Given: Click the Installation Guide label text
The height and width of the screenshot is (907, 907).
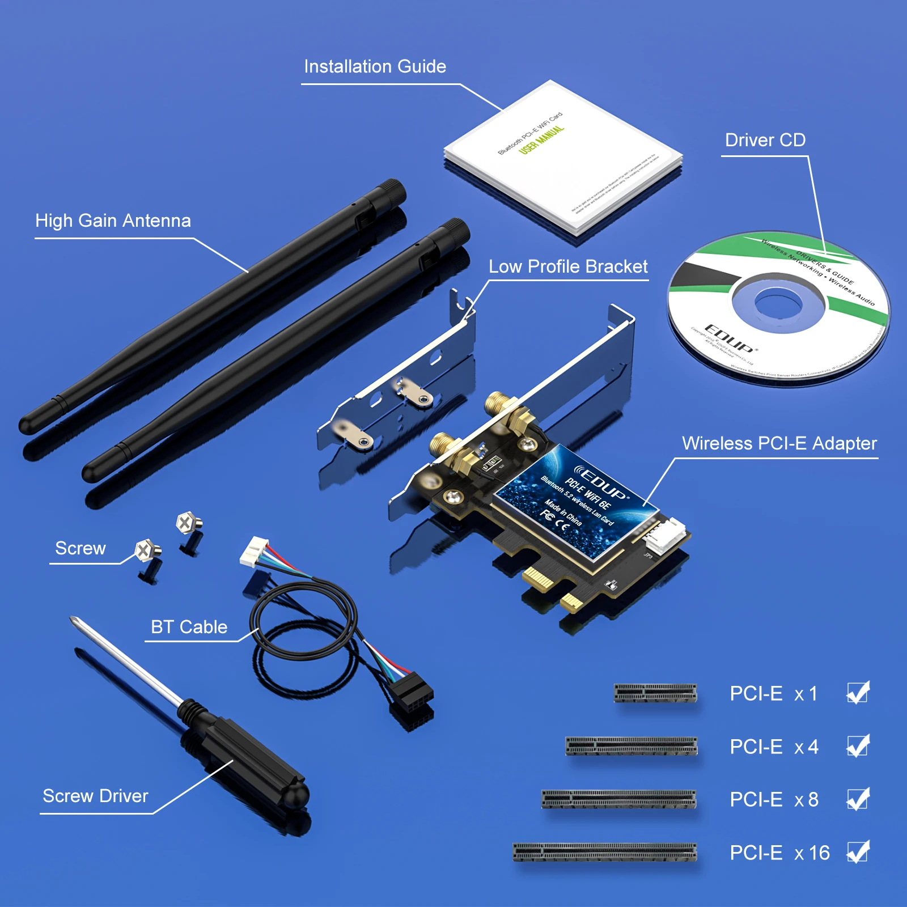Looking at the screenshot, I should click(375, 67).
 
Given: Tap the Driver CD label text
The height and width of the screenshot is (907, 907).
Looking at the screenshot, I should click(765, 140).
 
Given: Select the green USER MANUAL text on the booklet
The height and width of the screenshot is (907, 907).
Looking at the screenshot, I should click(541, 139).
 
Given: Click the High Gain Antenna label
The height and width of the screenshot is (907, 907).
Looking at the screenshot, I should click(113, 221).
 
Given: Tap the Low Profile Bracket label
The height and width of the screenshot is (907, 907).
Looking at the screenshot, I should click(567, 266).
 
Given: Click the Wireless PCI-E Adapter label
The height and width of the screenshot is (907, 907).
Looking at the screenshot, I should click(779, 443).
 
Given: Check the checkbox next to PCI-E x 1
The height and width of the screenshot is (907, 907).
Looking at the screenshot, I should click(858, 693).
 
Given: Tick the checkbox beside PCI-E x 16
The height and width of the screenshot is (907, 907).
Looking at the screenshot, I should click(858, 852).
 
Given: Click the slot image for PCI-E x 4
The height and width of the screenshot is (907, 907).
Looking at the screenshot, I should click(631, 746).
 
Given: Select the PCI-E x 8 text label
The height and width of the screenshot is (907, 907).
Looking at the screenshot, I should click(774, 799).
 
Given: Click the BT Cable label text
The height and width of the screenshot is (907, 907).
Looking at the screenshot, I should click(189, 627).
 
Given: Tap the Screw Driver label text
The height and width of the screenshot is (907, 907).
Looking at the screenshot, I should click(95, 796).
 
